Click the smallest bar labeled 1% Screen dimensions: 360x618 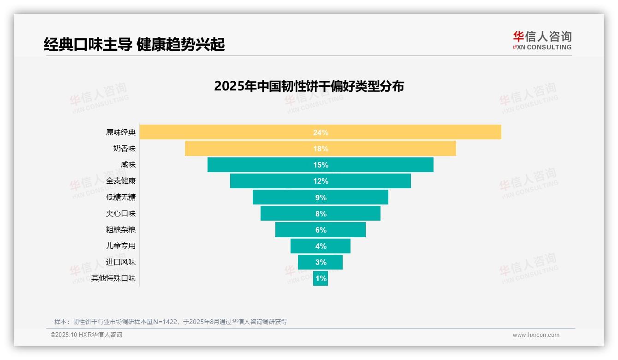pos(321,278)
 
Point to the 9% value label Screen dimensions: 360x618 pos(321,198)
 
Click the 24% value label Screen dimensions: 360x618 pos(321,132)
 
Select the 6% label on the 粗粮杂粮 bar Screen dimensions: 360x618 pos(321,230)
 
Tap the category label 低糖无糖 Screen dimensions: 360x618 pos(121,198)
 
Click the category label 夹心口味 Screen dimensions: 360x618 pos(121,214)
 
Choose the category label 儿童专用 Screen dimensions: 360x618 pos(121,246)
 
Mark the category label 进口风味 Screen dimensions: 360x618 pos(121,262)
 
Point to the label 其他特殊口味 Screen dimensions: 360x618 pos(113,278)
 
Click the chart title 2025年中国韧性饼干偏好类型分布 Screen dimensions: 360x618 pos(309,86)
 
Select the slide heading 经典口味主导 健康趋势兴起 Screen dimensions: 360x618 pos(134,44)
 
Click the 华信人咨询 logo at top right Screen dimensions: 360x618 pos(542,40)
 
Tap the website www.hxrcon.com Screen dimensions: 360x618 pos(536,335)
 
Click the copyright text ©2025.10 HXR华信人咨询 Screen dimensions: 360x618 pos(86,335)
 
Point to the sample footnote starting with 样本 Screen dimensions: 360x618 pos(171,322)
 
